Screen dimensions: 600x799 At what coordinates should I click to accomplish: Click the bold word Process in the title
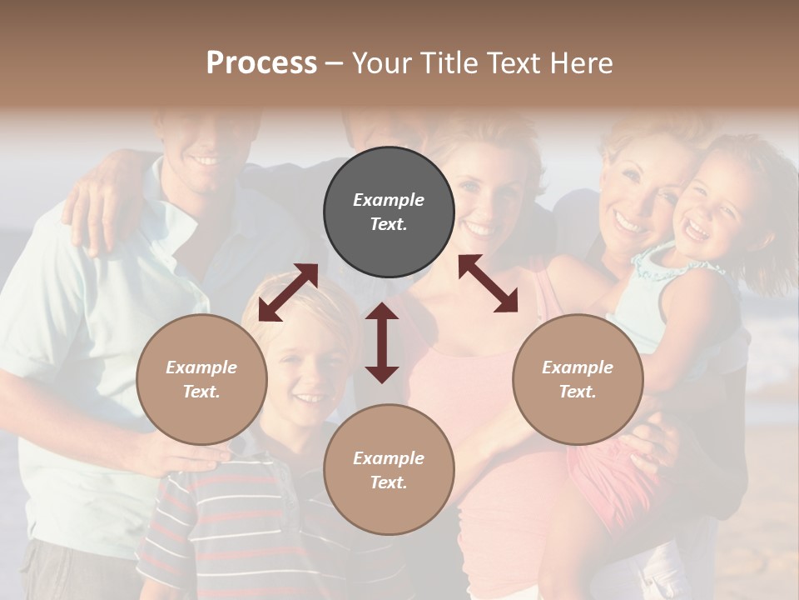point(261,63)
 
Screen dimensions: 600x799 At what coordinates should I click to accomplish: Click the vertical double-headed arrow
point(382,342)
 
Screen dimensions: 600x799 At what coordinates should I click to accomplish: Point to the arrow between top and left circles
point(288,292)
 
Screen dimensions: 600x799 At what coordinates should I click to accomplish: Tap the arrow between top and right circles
point(489,283)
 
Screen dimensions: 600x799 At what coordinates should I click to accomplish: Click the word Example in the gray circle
point(389,200)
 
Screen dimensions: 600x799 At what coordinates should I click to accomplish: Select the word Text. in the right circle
point(578,392)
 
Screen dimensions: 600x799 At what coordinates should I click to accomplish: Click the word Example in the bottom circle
point(389,457)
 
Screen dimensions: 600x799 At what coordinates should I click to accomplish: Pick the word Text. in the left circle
point(201,392)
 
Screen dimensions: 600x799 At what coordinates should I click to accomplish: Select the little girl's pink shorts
point(620,475)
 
